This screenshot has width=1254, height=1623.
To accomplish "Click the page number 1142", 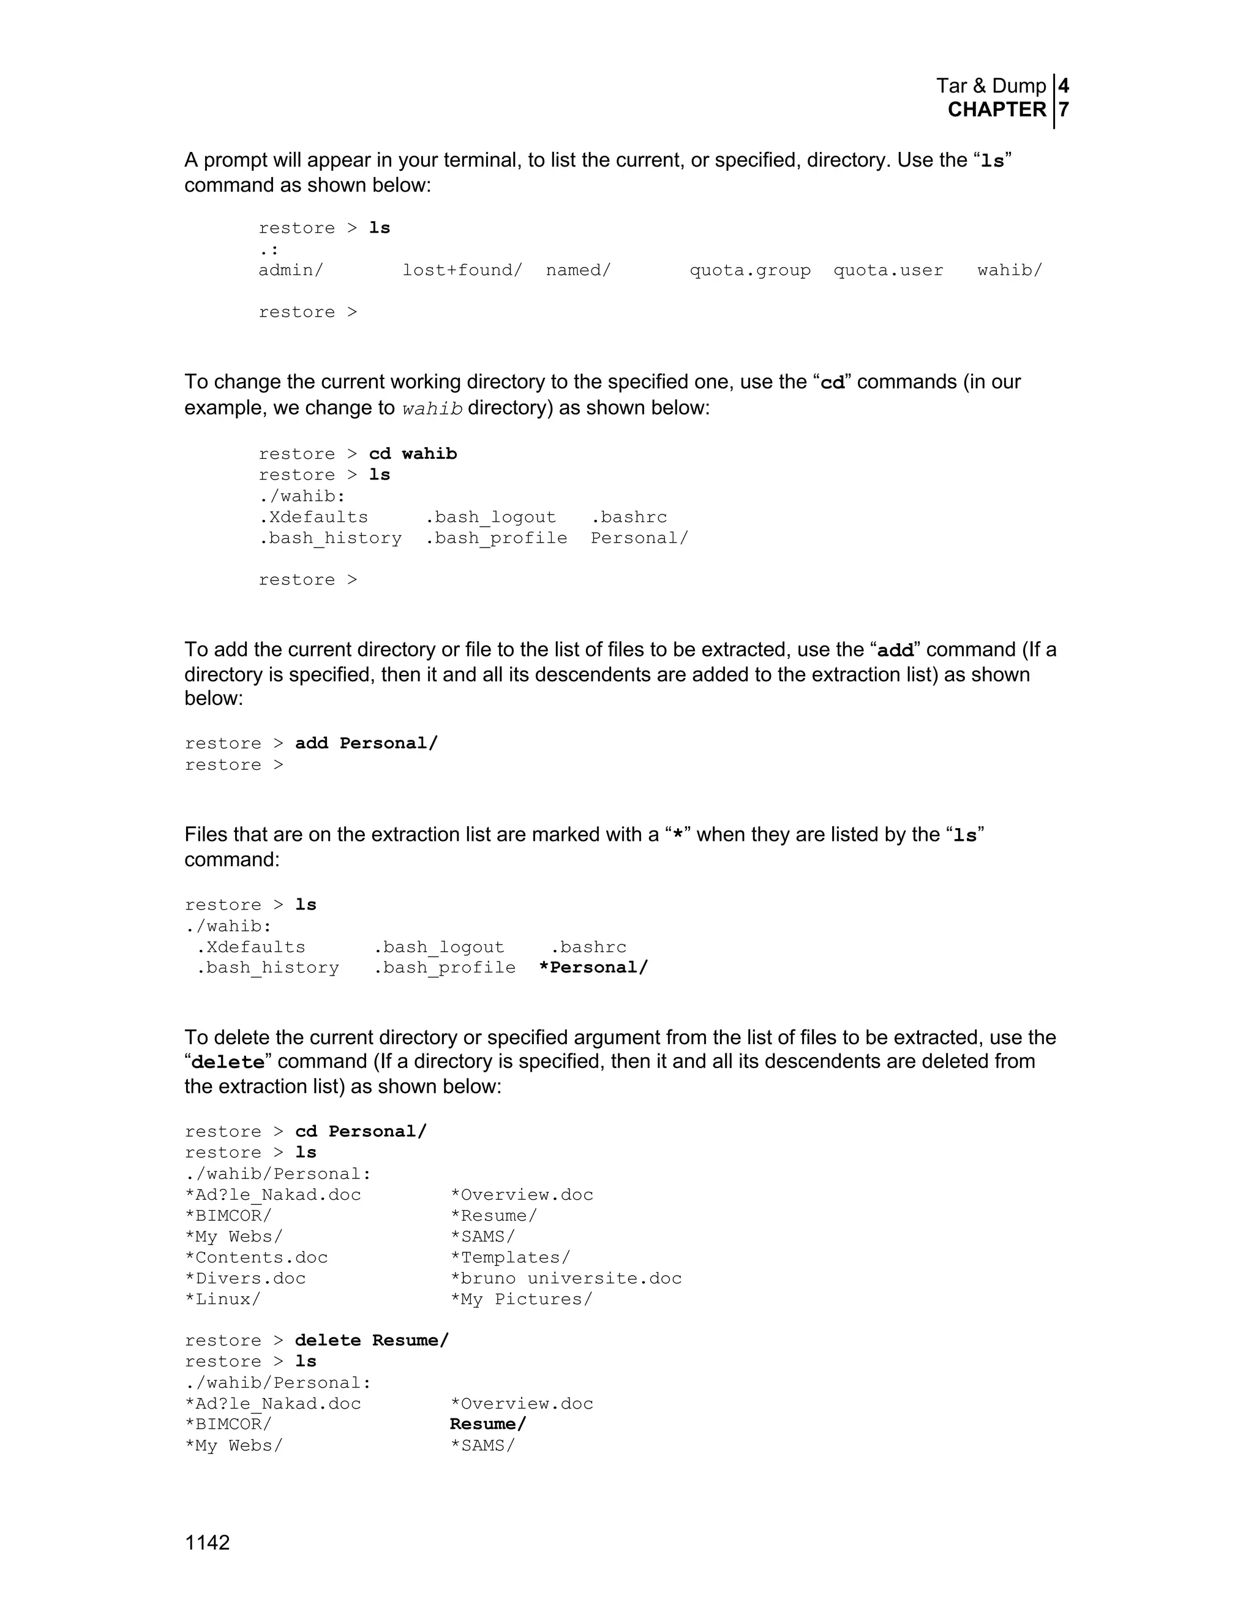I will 208,1543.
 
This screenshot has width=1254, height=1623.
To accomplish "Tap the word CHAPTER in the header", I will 996,110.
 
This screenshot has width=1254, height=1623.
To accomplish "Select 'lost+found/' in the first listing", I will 462,271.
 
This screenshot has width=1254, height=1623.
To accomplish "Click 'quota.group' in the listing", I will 749,271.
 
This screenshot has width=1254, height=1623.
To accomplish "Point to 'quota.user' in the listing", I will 888,271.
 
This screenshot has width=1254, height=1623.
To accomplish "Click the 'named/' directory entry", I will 578,271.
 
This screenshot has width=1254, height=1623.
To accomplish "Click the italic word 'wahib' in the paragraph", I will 432,409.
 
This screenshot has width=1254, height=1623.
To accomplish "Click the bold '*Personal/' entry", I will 593,968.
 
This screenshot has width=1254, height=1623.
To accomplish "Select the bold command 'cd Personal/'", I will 361,1132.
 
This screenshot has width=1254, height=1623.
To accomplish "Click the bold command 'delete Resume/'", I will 372,1341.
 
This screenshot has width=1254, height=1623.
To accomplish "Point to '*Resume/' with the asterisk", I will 494,1216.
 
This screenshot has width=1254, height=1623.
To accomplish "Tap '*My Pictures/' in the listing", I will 521,1300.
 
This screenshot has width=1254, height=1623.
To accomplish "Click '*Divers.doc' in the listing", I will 245,1279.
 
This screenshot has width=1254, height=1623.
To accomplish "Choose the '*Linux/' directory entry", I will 223,1300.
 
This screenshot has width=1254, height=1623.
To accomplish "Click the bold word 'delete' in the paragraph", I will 228,1063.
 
